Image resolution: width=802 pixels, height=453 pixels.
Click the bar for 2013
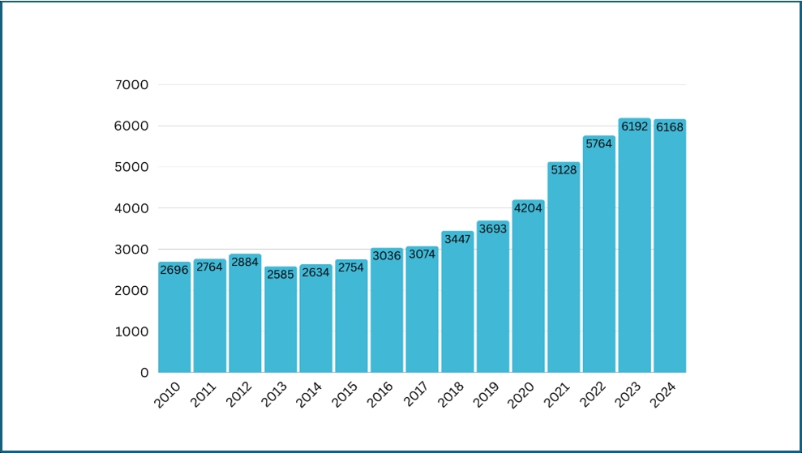pos(281,324)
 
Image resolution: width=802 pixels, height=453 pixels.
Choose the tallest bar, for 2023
pos(634,251)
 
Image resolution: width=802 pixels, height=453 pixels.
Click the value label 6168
pos(670,127)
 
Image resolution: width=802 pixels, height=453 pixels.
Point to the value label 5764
pos(598,143)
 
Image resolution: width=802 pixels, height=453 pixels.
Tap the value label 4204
pos(528,207)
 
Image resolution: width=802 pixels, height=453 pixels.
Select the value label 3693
pos(492,229)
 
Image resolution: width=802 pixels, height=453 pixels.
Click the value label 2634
pos(315,272)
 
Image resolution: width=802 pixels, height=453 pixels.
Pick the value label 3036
pos(387,256)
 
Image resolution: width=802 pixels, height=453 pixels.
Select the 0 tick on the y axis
pos(144,373)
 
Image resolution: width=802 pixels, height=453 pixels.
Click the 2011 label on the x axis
pos(203,394)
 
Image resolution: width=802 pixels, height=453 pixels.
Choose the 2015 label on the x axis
pos(344,394)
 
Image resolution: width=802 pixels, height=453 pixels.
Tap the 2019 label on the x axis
pos(486,394)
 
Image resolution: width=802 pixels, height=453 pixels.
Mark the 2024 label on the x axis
pos(663,394)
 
